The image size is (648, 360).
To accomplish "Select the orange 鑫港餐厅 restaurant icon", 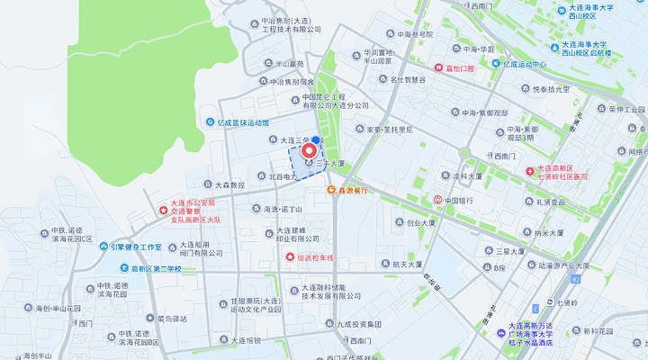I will pos(331,190).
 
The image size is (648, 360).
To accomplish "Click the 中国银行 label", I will pos(459,200).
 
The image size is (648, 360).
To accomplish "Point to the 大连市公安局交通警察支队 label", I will pos(195,211).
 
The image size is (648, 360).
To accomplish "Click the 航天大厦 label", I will pos(415,265).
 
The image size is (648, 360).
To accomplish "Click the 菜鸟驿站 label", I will pos(172,318).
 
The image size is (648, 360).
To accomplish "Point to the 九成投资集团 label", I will pos(360,324).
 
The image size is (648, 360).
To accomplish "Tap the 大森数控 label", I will pos(223,184).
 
